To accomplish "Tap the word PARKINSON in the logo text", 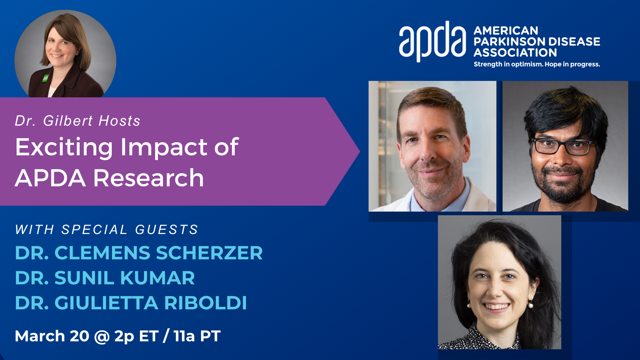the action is (509, 41).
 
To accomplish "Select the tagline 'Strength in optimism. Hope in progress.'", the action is (537, 64).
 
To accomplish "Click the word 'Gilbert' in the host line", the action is (68, 121).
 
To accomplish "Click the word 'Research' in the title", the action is (148, 178).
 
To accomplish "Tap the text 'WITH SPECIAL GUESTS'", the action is (107, 229).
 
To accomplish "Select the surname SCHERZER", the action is (209, 253).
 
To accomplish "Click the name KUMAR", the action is (157, 278).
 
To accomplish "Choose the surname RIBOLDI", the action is (205, 303).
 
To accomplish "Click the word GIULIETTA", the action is (106, 303).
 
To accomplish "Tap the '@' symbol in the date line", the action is (102, 336).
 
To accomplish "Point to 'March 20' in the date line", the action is (52, 336).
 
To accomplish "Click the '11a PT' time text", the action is (197, 336).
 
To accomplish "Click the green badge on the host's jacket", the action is (45, 78).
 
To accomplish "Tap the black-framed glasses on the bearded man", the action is (562, 146).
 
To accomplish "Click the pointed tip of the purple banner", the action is (359, 151).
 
